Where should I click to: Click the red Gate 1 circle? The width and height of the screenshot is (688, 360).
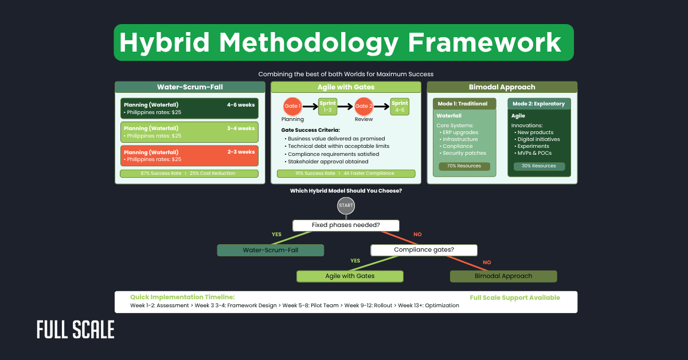coord(292,106)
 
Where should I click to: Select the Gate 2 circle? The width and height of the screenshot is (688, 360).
coord(363,106)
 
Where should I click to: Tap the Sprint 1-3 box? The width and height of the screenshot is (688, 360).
coord(328,106)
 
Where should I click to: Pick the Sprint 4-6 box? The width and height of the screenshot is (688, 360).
coord(400,106)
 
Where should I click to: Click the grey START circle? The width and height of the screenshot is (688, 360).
coord(346,205)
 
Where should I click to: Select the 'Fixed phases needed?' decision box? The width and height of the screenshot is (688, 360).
coord(346,225)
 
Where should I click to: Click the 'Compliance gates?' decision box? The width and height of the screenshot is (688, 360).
coord(424,250)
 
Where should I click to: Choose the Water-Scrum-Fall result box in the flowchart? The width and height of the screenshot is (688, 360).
coord(271,251)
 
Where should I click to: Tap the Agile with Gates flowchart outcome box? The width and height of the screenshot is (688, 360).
coord(350,276)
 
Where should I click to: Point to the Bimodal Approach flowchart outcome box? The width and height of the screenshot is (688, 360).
coord(503,276)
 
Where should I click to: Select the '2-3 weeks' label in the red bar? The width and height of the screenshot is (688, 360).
coord(241,152)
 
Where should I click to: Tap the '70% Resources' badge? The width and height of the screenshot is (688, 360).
coord(464,166)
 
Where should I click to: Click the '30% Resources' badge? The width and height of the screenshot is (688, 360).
coord(539,166)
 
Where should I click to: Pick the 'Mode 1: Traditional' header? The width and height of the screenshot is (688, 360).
coord(464,104)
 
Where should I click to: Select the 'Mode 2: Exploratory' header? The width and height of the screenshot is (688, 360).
coord(539,104)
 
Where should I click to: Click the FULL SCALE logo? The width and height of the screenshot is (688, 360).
coord(76,330)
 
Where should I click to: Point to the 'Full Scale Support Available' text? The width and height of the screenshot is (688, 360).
coord(514,298)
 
